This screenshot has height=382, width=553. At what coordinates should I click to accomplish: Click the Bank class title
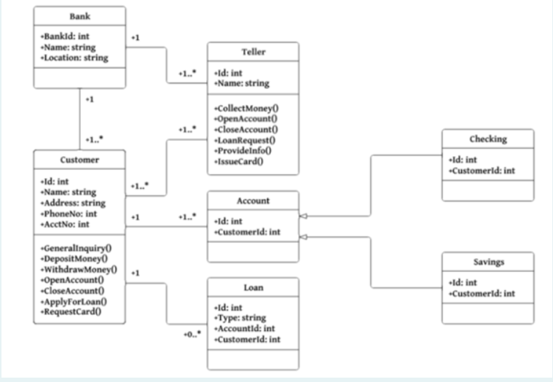(79, 16)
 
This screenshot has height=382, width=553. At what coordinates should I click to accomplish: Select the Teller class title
(252, 52)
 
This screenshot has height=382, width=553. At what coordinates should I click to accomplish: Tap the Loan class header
(252, 287)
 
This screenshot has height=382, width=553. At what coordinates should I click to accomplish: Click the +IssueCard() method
(238, 160)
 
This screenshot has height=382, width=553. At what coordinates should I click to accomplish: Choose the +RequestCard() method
(71, 311)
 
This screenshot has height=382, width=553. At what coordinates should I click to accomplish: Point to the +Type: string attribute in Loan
(240, 319)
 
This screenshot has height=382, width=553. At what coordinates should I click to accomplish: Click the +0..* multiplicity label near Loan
(192, 335)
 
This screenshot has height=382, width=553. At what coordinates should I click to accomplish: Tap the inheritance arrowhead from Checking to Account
(302, 217)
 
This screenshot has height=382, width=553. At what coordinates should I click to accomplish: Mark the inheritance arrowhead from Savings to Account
(302, 237)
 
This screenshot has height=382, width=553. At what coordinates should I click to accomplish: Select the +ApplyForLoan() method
(75, 300)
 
